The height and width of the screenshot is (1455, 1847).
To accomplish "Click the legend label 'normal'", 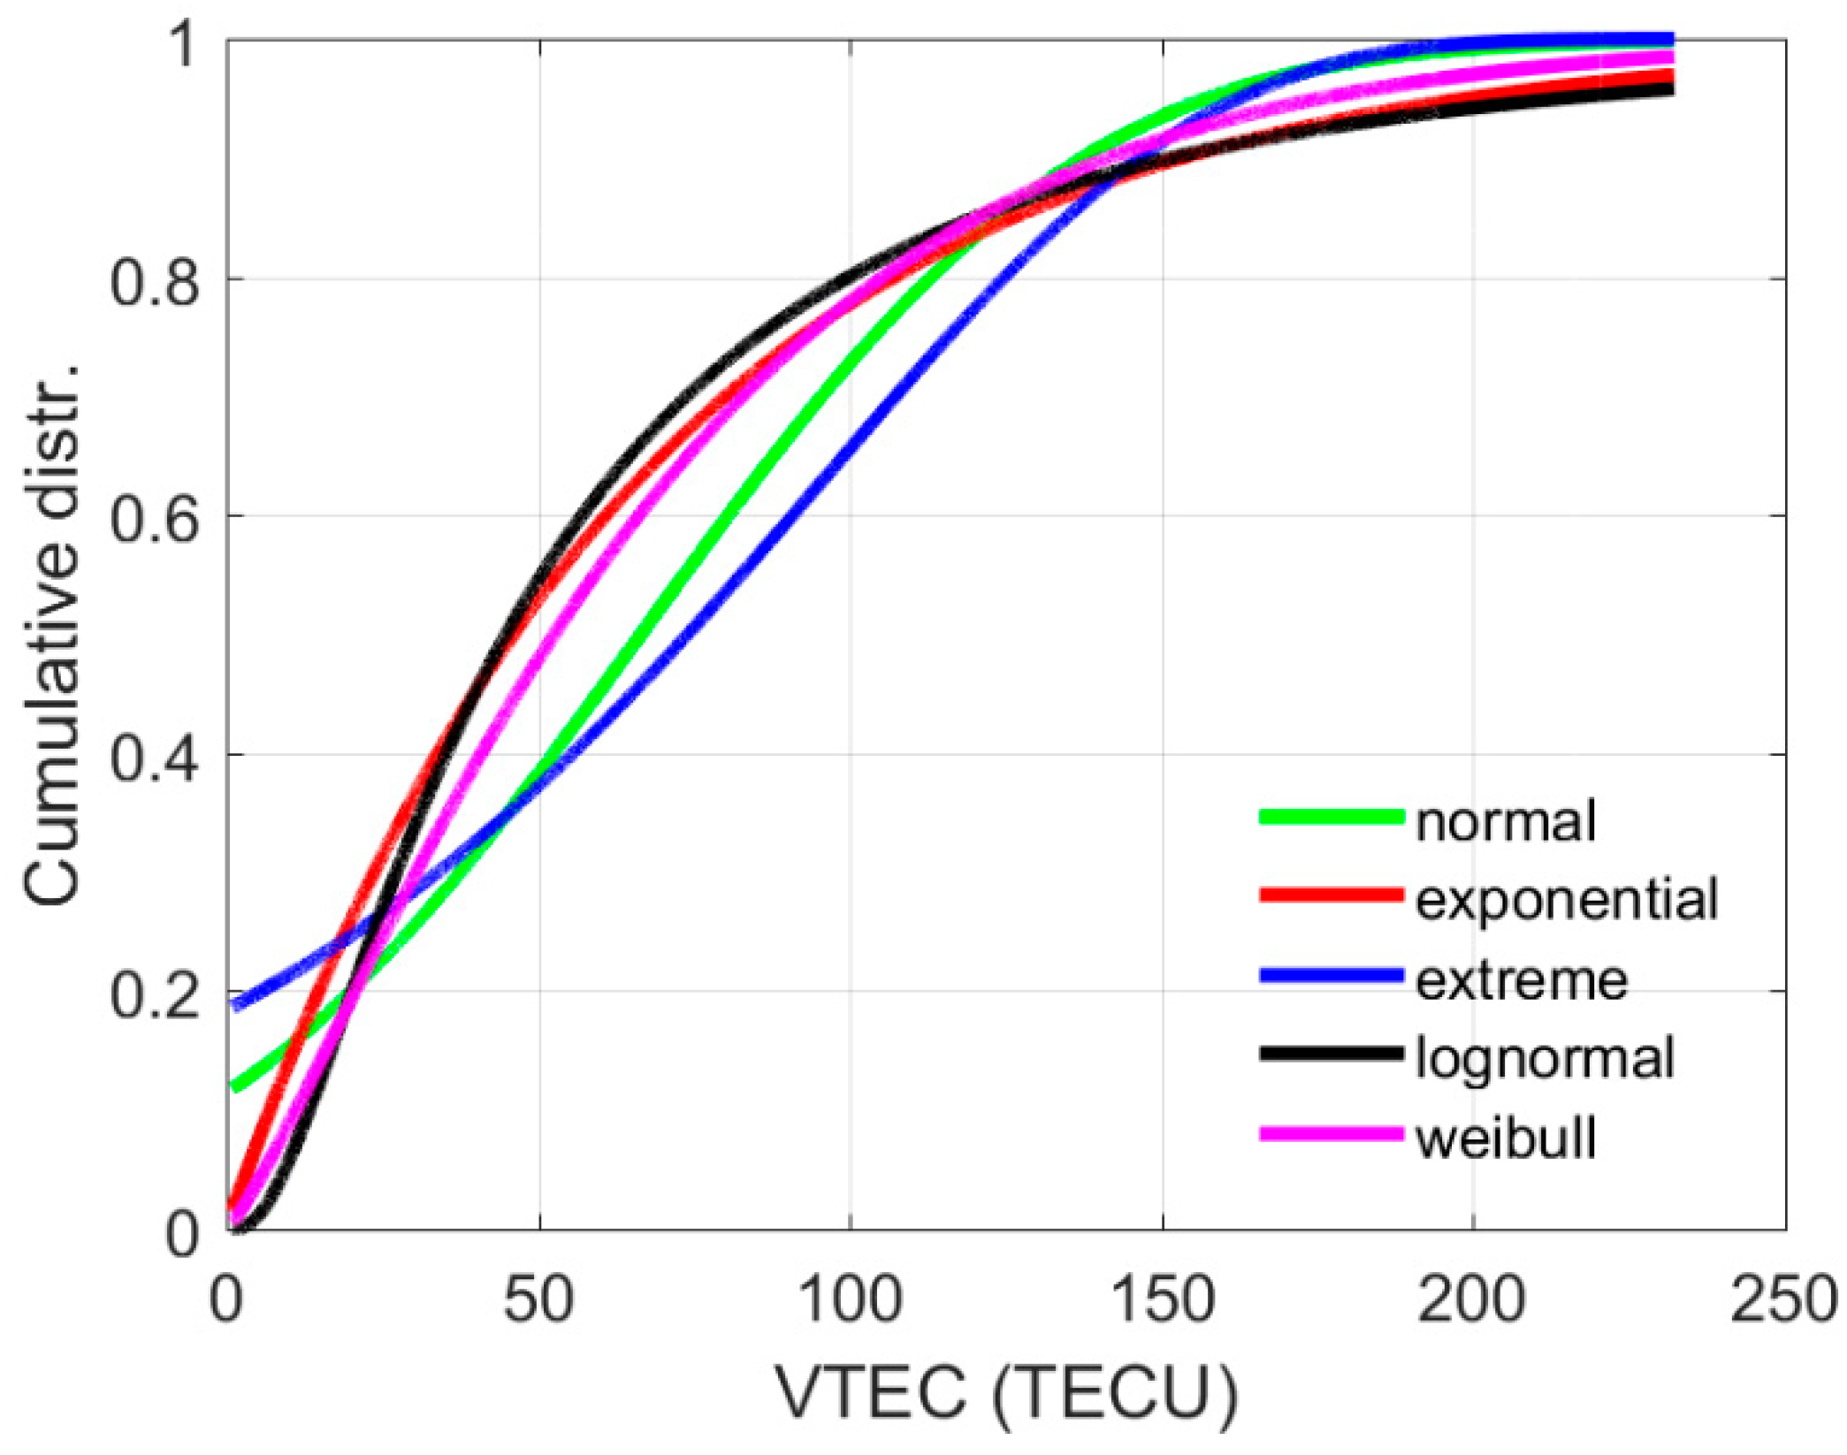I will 1505,821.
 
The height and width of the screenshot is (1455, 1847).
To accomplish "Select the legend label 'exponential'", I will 1566,900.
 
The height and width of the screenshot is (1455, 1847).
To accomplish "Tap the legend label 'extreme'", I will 1521,979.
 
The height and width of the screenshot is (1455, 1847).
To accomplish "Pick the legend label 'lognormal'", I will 1545,1058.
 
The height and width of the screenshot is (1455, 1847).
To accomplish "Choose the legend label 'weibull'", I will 1506,1138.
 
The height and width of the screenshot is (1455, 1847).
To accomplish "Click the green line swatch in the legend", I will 1331,817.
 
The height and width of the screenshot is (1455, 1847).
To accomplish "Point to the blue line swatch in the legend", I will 1331,976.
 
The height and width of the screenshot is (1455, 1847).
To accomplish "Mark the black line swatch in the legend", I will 1331,1054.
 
